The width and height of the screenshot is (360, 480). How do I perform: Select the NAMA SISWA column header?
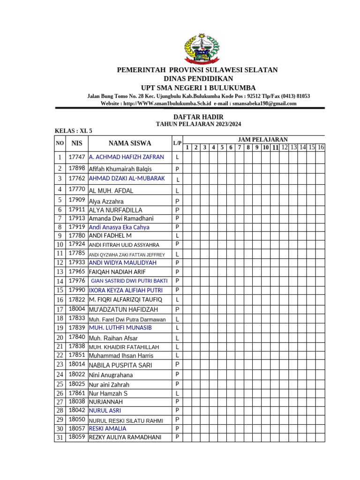pyautogui.click(x=130, y=143)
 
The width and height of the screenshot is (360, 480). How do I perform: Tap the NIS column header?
pyautogui.click(x=76, y=143)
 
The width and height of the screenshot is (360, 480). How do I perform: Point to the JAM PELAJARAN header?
pyautogui.click(x=263, y=139)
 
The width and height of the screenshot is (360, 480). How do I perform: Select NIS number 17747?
pyautogui.click(x=76, y=157)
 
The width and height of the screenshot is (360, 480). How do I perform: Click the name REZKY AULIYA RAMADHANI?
pyautogui.click(x=125, y=437)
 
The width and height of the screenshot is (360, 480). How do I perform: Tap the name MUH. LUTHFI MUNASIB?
pyautogui.click(x=120, y=327)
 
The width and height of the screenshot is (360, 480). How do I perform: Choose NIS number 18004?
pyautogui.click(x=76, y=309)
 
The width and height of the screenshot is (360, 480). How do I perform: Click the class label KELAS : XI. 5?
pyautogui.click(x=74, y=131)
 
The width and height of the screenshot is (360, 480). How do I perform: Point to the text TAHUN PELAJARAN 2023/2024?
pyautogui.click(x=198, y=124)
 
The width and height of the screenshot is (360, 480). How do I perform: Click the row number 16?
pyautogui.click(x=60, y=300)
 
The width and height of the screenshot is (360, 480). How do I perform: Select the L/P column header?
pyautogui.click(x=177, y=143)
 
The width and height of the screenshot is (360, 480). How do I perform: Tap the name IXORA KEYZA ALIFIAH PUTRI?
pyautogui.click(x=126, y=290)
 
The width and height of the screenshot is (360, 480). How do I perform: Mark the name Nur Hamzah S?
pyautogui.click(x=108, y=393)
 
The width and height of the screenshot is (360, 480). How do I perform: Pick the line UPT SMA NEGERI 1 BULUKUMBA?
pyautogui.click(x=198, y=88)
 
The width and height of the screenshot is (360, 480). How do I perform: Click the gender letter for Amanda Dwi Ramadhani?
pyautogui.click(x=177, y=218)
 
